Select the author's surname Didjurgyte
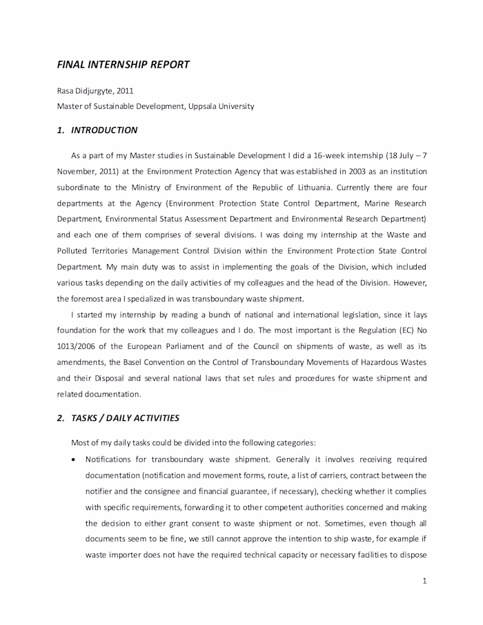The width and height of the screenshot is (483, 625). click(x=95, y=90)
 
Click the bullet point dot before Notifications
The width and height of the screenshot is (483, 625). click(x=74, y=459)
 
